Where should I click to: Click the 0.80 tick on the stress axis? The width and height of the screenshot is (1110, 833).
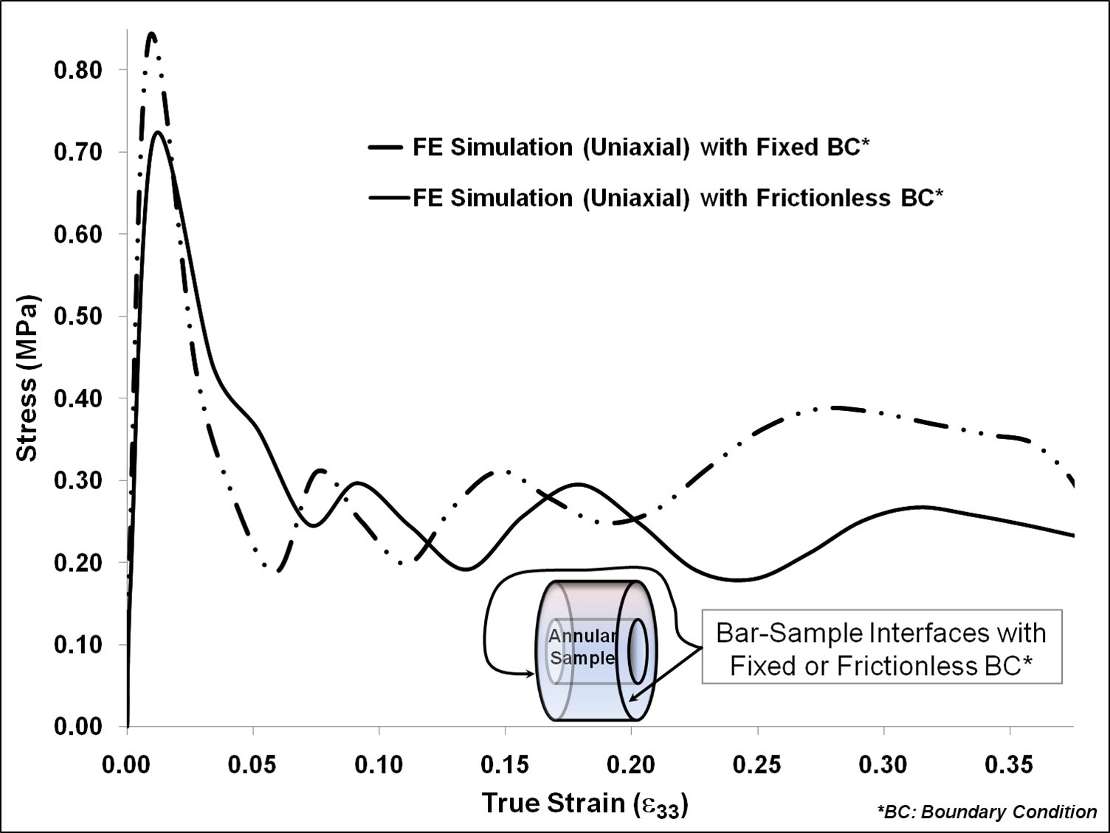[x=77, y=71]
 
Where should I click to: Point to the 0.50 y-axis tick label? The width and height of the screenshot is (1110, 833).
[x=77, y=317]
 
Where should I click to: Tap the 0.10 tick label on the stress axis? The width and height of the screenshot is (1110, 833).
[x=77, y=645]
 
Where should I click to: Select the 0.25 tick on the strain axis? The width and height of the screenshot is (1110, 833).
[x=757, y=764]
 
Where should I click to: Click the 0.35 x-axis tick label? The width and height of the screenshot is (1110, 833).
[x=1009, y=764]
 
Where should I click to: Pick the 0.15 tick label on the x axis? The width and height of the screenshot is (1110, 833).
[x=505, y=764]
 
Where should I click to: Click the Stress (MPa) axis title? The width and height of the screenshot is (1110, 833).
[x=28, y=379]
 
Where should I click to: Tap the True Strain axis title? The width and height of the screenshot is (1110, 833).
[x=585, y=803]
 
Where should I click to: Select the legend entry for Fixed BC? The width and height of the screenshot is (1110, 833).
[x=641, y=148]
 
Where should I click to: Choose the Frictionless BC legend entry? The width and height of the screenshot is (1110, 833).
[x=678, y=198]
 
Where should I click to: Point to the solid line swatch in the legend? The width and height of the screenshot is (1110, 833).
[x=389, y=198]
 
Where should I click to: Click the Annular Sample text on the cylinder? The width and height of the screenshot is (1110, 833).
[x=582, y=647]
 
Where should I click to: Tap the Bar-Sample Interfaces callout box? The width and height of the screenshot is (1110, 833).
[x=881, y=647]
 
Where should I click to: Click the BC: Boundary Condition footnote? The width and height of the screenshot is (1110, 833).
[x=987, y=812]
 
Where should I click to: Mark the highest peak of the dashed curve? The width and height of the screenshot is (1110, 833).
[x=151, y=35]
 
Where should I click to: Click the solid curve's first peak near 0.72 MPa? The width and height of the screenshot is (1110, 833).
[x=157, y=133]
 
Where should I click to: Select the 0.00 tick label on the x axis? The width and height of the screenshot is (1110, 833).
[x=126, y=764]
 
